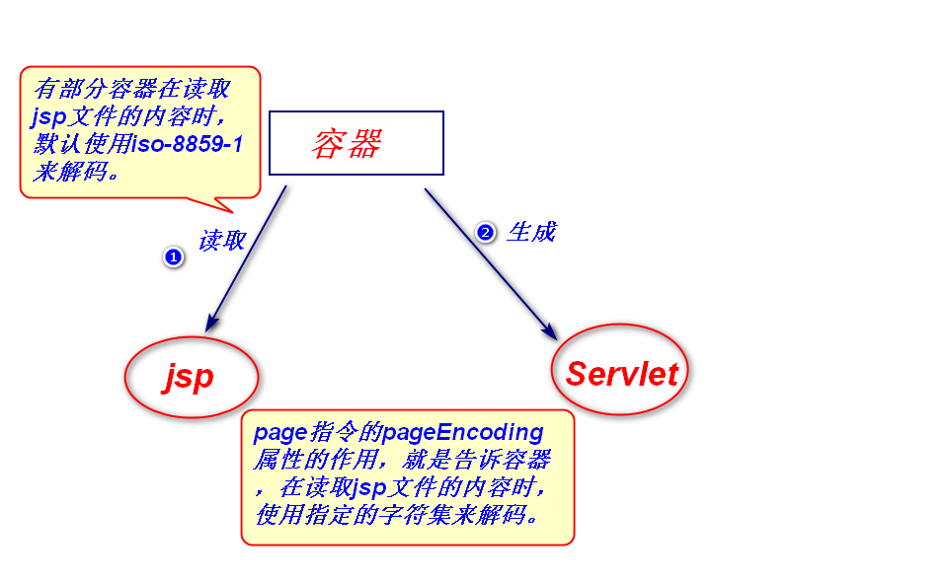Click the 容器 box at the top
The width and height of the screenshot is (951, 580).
[356, 143]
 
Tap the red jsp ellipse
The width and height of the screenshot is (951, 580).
[191, 377]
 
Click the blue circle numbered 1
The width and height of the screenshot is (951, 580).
[173, 256]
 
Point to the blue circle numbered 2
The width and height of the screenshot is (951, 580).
[485, 233]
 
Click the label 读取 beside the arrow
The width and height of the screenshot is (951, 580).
[222, 241]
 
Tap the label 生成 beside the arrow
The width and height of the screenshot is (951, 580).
[531, 232]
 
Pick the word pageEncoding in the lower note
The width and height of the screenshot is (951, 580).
[463, 432]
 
